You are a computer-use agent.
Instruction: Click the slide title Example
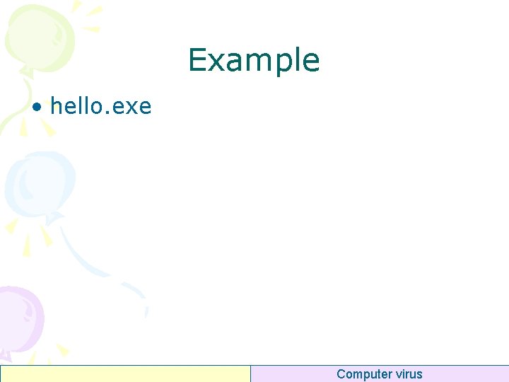coord(254,61)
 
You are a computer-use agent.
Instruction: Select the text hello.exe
coord(100,107)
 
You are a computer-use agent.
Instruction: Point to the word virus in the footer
coord(409,374)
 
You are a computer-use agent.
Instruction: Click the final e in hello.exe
coord(144,108)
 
